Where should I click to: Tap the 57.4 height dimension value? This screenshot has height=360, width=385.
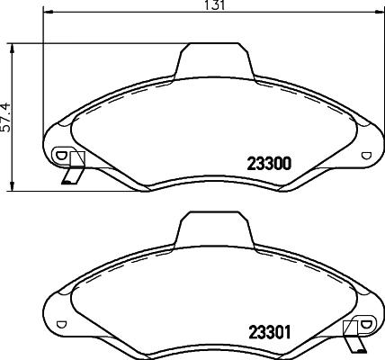pos(5,116)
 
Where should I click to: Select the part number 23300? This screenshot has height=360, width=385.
pos(267,164)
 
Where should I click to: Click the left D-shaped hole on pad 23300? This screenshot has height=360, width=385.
pos(61,155)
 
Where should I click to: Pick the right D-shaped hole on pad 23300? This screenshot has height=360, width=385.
pos(365,155)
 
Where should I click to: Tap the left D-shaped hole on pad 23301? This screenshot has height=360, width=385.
pos(61,323)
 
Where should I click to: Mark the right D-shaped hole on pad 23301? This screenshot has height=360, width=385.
pos(365,323)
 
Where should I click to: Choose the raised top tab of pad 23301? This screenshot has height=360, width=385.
pos(213,229)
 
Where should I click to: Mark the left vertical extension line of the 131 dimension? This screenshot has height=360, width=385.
pos(42,72)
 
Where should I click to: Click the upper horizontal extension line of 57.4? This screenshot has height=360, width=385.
pos(90,42)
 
